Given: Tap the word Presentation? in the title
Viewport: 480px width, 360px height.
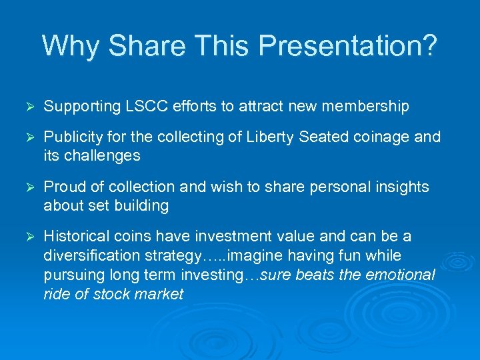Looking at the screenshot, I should (348, 46).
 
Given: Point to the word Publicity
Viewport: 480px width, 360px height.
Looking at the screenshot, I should (72, 137).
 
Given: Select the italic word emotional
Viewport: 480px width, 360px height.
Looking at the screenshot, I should (402, 275).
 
